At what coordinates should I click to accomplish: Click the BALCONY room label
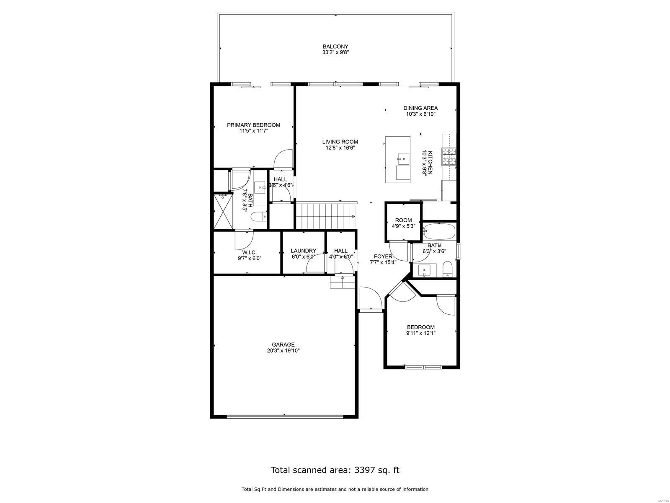pyautogui.click(x=335, y=47)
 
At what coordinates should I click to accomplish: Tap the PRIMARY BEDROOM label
pyautogui.click(x=253, y=125)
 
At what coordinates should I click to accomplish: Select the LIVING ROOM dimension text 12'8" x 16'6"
pyautogui.click(x=340, y=148)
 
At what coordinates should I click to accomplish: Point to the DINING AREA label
pyautogui.click(x=420, y=108)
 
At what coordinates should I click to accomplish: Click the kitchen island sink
pyautogui.click(x=403, y=158)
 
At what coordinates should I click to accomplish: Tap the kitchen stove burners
pyautogui.click(x=449, y=157)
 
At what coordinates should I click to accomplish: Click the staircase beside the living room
pyautogui.click(x=325, y=216)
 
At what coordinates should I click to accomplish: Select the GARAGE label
pyautogui.click(x=283, y=345)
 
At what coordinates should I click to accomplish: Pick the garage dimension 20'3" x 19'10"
pyautogui.click(x=283, y=351)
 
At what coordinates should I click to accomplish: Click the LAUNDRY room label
pyautogui.click(x=304, y=251)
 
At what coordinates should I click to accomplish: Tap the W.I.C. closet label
pyautogui.click(x=250, y=253)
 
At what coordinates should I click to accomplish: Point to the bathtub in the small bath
pyautogui.click(x=439, y=231)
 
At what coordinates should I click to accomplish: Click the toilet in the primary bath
pyautogui.click(x=258, y=217)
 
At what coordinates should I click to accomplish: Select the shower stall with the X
pyautogui.click(x=223, y=211)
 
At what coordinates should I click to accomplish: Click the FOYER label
pyautogui.click(x=383, y=257)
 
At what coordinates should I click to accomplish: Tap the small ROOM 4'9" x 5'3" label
pyautogui.click(x=404, y=220)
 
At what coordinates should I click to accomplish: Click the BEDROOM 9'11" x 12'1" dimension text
pyautogui.click(x=420, y=333)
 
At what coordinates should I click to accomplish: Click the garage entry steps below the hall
pyautogui.click(x=343, y=282)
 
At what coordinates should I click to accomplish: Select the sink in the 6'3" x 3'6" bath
pyautogui.click(x=424, y=270)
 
